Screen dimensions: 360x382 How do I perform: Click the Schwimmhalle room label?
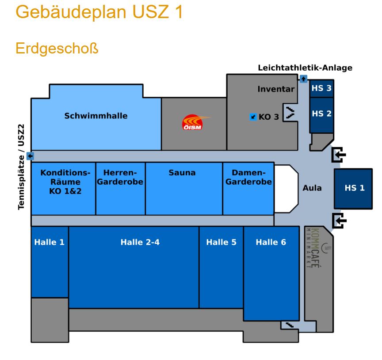pos(96,116)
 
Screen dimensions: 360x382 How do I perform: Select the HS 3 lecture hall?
pos(321,88)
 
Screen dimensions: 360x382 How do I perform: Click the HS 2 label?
pos(321,114)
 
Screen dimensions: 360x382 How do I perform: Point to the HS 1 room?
pos(354,188)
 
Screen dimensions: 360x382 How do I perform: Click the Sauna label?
pos(182,173)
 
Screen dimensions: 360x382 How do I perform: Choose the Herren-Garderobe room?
pos(120,177)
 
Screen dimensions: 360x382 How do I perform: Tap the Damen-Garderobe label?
pos(248,177)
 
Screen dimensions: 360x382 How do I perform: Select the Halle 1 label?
pos(49,242)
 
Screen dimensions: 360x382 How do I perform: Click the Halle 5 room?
pos(221,242)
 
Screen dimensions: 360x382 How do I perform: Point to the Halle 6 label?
pos(271,242)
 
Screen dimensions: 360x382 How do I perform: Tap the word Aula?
pos(312,188)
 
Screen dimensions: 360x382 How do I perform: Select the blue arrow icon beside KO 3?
pos(253,117)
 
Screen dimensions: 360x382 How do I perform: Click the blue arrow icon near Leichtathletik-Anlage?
pos(303,79)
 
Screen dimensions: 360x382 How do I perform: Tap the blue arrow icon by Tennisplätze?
pos(30,156)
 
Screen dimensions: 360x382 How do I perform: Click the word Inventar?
pos(276,89)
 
